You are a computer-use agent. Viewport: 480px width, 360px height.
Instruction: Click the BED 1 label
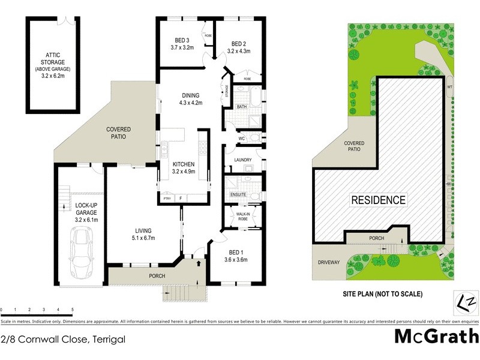(235, 252)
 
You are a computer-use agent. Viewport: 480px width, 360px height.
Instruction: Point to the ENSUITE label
(238, 194)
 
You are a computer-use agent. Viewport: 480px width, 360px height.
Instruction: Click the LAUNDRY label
(243, 160)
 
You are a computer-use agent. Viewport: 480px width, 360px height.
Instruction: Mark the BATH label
(241, 107)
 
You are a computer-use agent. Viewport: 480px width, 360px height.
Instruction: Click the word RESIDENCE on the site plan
(378, 200)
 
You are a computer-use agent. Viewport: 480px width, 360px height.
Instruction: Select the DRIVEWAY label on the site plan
(328, 262)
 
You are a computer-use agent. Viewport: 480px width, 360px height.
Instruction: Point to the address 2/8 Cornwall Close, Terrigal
(64, 339)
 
